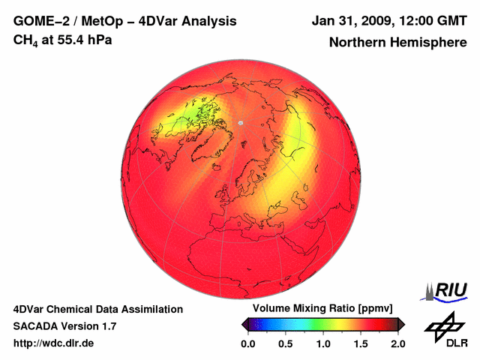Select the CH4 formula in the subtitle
click(25, 40)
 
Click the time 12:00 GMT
click(429, 21)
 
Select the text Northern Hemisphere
click(397, 43)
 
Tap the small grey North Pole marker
click(240, 121)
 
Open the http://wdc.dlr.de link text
click(53, 343)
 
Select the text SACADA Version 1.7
click(64, 326)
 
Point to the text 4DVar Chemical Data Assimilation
click(97, 309)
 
